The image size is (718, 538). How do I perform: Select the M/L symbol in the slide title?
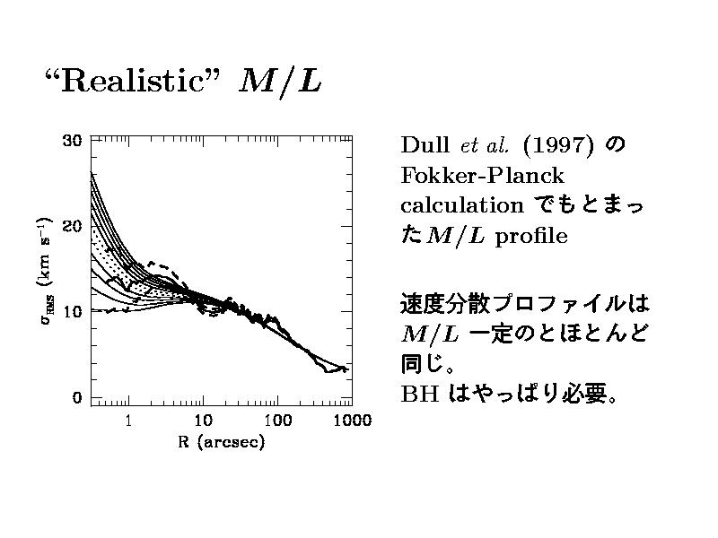(280, 82)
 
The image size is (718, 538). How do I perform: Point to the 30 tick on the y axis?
(71, 140)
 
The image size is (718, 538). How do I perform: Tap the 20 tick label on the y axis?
(71, 226)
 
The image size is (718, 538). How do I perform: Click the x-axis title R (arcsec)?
(220, 443)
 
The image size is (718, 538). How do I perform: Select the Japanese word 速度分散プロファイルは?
(524, 303)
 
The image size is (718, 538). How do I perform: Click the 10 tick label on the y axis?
(71, 312)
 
